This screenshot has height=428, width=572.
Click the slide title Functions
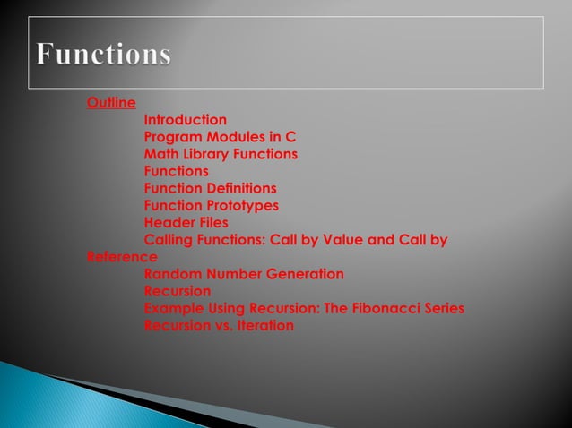click(104, 55)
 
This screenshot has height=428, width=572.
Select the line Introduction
click(186, 120)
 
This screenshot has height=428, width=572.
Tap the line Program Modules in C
click(220, 137)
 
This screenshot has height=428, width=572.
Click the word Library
click(206, 154)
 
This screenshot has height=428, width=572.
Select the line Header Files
click(186, 222)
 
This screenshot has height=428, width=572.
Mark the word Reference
click(122, 257)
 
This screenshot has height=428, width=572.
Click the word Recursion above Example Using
click(178, 291)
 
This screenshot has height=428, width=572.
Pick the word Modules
click(237, 137)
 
